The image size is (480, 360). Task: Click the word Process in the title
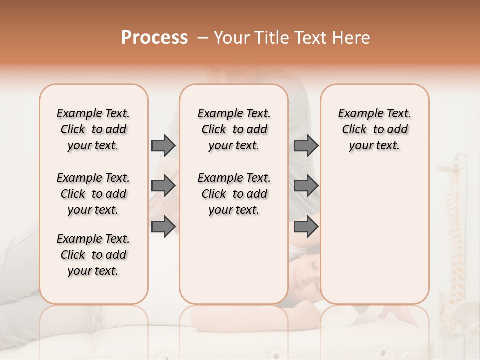(x=154, y=38)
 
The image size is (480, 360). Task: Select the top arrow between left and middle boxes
(x=163, y=145)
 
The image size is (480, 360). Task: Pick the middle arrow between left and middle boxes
(x=163, y=186)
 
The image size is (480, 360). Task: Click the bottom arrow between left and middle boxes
(x=163, y=227)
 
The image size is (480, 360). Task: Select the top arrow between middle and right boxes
(x=306, y=145)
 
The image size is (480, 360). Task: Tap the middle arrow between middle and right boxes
(x=306, y=186)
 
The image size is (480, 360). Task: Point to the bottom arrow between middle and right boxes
(x=306, y=227)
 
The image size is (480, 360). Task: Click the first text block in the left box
(x=93, y=129)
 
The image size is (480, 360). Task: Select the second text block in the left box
(x=93, y=194)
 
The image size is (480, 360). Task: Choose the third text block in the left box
(x=93, y=255)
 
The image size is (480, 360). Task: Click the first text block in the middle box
(x=234, y=129)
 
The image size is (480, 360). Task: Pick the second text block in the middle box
(x=234, y=194)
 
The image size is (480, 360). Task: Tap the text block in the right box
(x=374, y=129)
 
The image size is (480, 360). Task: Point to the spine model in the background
(x=455, y=225)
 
